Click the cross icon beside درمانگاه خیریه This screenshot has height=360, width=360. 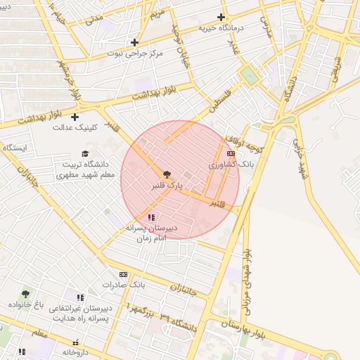pos(221,17)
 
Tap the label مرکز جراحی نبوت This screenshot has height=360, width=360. pos(136,53)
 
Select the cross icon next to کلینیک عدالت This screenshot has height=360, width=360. pos(75,117)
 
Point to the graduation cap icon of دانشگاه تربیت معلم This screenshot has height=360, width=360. pos(85,154)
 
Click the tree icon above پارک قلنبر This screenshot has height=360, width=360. pos(167,174)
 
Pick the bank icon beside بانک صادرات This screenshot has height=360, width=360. pos(124,274)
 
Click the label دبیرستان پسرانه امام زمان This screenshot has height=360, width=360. pos(152,233)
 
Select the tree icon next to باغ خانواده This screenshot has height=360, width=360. pos(26,295)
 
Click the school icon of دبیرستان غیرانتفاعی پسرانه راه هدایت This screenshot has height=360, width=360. pos(80,298)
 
